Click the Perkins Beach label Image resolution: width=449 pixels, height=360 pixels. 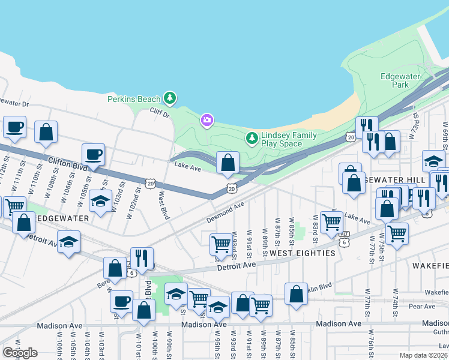(x=134, y=99)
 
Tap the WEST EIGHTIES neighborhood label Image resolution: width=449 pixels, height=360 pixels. (x=302, y=254)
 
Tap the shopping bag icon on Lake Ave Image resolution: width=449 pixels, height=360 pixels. (x=228, y=162)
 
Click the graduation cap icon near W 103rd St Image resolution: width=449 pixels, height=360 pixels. (x=101, y=201)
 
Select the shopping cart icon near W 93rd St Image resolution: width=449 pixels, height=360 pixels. (x=221, y=244)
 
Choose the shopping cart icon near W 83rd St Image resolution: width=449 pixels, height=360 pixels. (x=331, y=222)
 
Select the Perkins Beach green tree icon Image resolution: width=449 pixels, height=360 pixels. (x=170, y=97)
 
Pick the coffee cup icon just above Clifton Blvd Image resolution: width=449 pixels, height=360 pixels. (x=93, y=154)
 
